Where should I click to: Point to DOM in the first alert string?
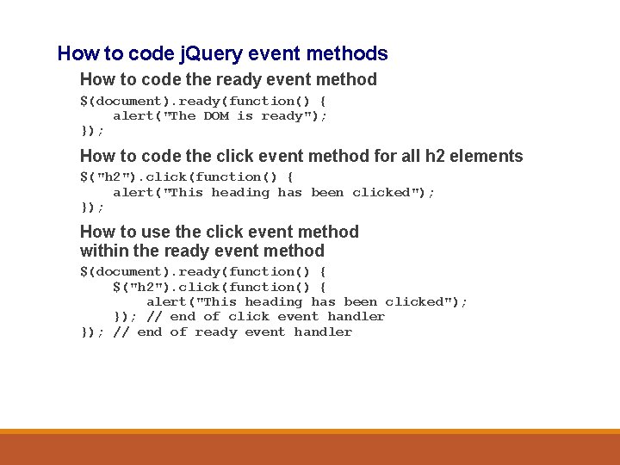(216, 115)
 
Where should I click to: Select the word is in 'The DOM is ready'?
(245, 115)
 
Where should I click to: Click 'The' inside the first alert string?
(183, 115)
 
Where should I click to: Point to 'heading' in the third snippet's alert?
(274, 301)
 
